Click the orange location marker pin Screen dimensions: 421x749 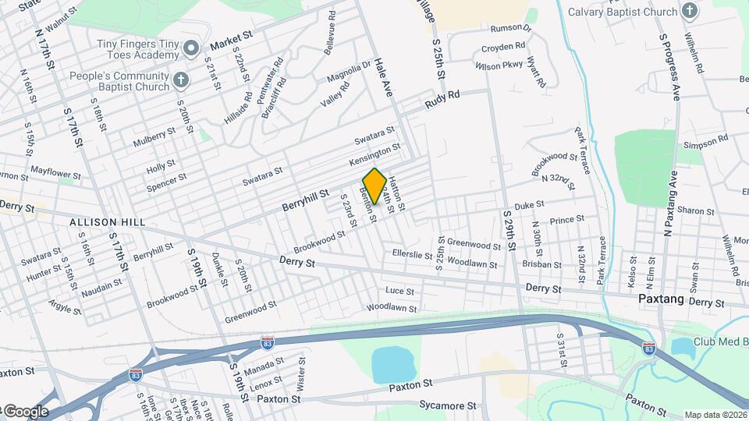pos(374,186)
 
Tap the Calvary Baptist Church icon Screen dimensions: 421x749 pos(689,11)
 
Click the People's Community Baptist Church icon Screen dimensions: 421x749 pos(180,80)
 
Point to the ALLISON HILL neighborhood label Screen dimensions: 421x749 pos(108,223)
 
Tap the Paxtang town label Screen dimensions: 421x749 pos(661,299)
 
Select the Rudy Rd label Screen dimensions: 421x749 pos(442,99)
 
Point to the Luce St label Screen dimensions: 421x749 pos(399,291)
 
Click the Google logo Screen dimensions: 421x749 pos(26,412)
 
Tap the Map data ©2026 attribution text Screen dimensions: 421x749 pos(715,415)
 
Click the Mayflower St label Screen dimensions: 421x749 pos(55,169)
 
